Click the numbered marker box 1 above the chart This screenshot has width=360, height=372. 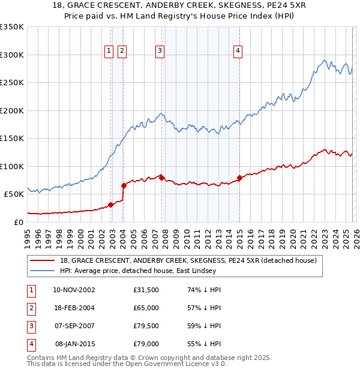[109, 52]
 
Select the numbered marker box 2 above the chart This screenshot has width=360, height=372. [122, 52]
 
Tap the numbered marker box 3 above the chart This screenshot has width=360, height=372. [160, 52]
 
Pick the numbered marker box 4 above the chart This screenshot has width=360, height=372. [238, 52]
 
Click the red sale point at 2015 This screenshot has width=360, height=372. [239, 178]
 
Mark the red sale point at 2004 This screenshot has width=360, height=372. [124, 185]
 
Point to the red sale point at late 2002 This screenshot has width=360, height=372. [111, 204]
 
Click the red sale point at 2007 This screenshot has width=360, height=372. [161, 177]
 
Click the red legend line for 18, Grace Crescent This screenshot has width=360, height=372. [44, 261]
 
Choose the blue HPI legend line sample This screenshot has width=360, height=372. [44, 271]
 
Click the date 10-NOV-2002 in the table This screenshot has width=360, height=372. [74, 290]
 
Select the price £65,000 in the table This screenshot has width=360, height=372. [146, 308]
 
